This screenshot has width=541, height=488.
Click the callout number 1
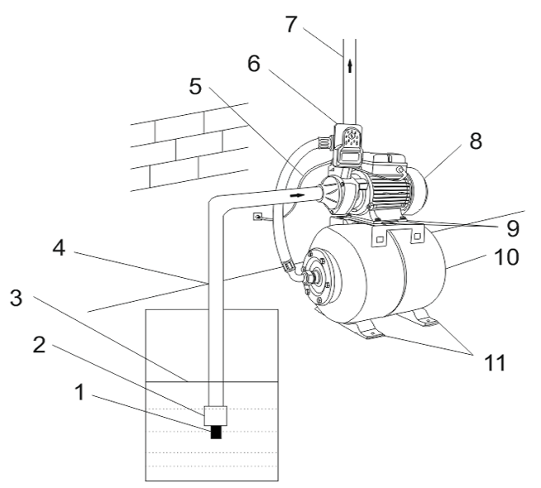(x=80, y=392)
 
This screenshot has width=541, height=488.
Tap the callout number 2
(x=39, y=344)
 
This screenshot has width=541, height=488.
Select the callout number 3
(x=16, y=298)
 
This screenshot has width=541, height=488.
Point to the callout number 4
(x=59, y=247)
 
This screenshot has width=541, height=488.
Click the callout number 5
(x=195, y=86)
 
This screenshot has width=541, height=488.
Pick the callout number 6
(x=254, y=64)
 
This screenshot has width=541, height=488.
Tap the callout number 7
(x=291, y=24)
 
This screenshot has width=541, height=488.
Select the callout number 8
(x=476, y=141)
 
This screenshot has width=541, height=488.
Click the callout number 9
(x=513, y=228)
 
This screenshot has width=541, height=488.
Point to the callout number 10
(x=506, y=257)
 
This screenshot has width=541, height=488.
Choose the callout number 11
(x=495, y=362)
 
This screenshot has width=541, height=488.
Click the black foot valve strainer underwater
(x=216, y=432)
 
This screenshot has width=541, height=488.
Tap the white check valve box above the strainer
(x=216, y=415)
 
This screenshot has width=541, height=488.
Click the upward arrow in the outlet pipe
(x=350, y=66)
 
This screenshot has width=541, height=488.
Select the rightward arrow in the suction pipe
(x=298, y=195)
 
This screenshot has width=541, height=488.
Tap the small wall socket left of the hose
(x=257, y=217)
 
